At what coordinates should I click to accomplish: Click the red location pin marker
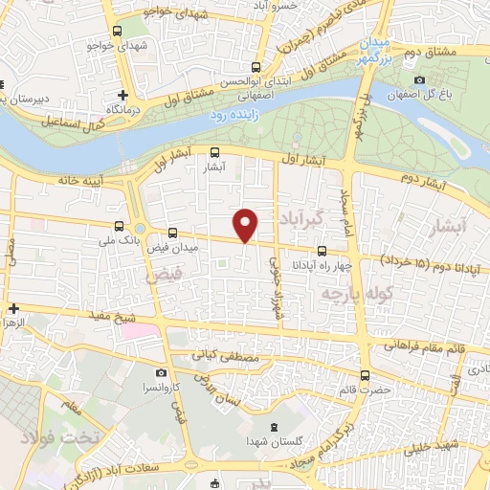(x=246, y=224)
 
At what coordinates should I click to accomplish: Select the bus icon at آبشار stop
(x=214, y=151)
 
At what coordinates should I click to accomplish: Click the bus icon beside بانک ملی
(x=119, y=227)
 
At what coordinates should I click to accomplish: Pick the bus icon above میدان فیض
(x=173, y=233)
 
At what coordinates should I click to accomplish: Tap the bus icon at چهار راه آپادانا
(x=334, y=250)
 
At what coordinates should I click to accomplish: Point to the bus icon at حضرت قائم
(x=364, y=375)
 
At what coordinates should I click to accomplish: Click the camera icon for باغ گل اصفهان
(x=419, y=79)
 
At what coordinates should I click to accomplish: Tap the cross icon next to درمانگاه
(x=122, y=95)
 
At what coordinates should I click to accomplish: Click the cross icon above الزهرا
(x=13, y=308)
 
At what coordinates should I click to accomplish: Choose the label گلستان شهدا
(x=275, y=441)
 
